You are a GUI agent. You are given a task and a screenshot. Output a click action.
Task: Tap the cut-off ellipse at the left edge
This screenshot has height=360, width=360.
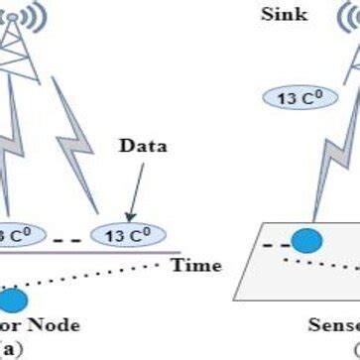pos(14,237)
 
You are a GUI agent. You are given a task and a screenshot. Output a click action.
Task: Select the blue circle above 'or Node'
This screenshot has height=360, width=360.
pos(13,301)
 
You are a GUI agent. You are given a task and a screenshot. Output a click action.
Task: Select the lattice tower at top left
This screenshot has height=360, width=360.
pos(25,60)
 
